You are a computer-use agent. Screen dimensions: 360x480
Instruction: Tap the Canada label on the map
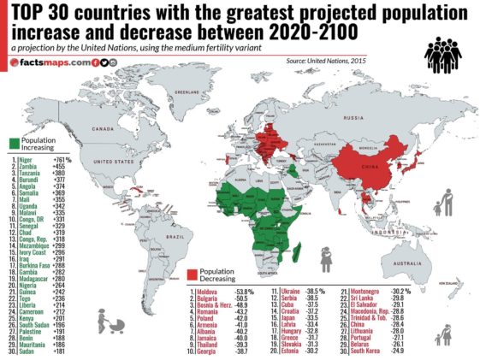(x=103, y=128)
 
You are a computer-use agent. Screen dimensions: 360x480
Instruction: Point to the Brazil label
(x=178, y=235)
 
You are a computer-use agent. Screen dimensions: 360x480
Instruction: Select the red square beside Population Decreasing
(x=193, y=276)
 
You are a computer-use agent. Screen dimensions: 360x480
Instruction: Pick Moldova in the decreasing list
(x=204, y=292)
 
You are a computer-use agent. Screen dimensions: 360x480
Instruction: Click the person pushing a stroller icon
(x=110, y=322)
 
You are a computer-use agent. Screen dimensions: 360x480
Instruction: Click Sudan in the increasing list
(x=29, y=351)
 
